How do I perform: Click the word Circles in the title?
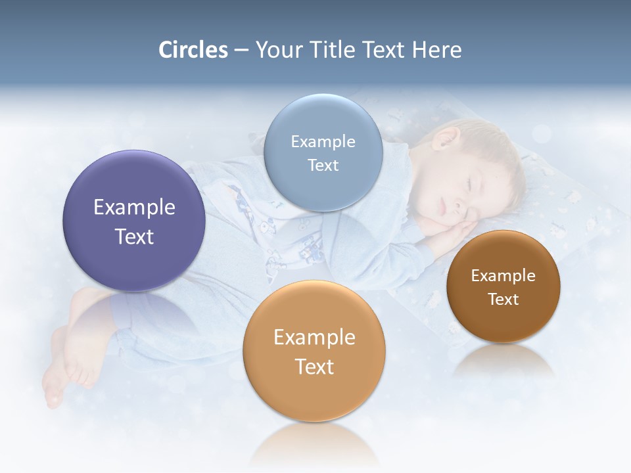tap(193, 50)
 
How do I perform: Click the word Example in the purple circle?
tap(134, 208)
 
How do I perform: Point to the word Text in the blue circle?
tap(323, 165)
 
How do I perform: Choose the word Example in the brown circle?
tap(503, 276)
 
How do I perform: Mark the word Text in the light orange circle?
tap(314, 367)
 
